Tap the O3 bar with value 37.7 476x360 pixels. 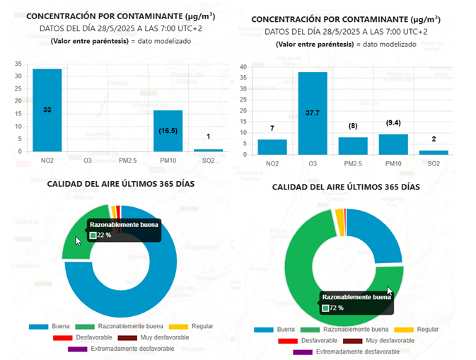(313, 113)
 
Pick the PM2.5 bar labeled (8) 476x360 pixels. (352, 146)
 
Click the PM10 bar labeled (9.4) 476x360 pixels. (393, 144)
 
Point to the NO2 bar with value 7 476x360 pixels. (272, 147)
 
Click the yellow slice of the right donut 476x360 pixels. (339, 214)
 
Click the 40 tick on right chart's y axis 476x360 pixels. (243, 67)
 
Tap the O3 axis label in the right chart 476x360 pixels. (313, 164)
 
